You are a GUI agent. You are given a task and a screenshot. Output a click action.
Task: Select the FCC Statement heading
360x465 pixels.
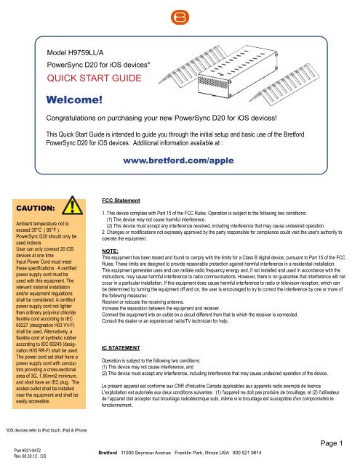124,195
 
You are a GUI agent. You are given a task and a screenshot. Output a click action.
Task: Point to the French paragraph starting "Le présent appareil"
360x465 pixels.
225,400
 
